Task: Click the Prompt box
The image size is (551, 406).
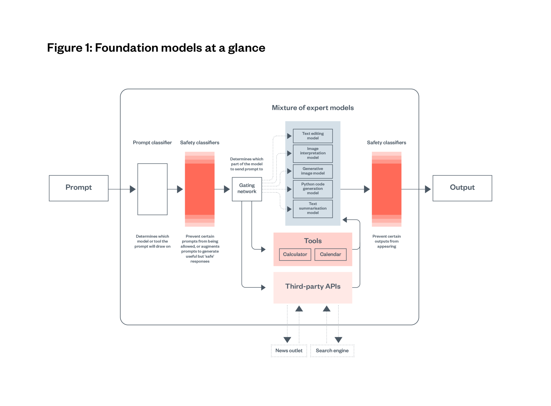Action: (79, 188)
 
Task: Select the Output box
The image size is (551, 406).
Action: (462, 188)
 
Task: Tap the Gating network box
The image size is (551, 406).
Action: (247, 189)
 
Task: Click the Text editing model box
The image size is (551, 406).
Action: (313, 136)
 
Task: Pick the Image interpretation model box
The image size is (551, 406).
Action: (313, 153)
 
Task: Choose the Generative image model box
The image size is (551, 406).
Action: (313, 171)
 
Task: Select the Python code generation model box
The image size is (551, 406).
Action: (313, 189)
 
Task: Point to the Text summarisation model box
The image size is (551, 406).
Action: (313, 209)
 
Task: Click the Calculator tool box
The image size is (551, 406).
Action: (295, 254)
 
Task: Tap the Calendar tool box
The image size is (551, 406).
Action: (330, 254)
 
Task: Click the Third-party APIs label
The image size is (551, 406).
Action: (313, 286)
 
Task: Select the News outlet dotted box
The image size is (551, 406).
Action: (289, 351)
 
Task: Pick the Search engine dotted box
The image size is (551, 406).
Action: (332, 351)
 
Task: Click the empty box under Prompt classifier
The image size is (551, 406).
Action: (152, 189)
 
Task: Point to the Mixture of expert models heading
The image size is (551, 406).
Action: (313, 108)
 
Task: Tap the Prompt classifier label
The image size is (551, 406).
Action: (152, 143)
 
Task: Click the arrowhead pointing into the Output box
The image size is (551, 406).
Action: (428, 189)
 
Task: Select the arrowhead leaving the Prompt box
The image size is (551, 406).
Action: (133, 189)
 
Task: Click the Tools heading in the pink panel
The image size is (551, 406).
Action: (313, 241)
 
